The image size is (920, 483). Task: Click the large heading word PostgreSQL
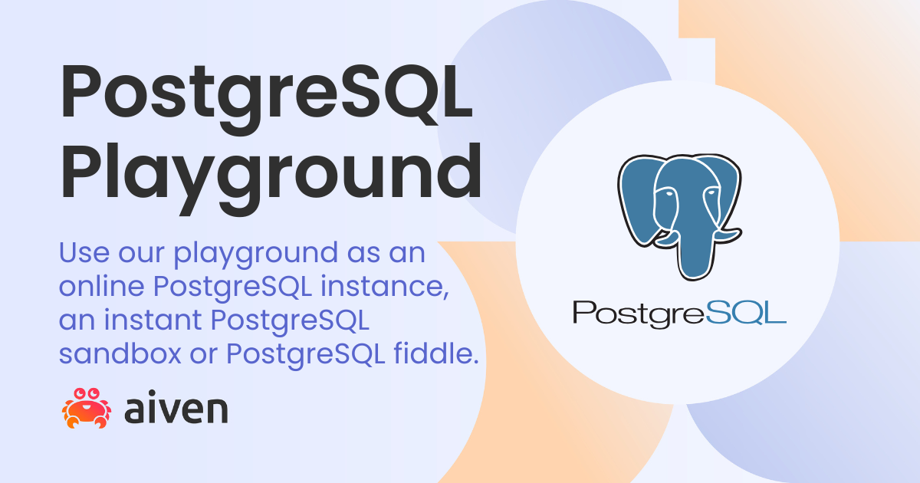266,99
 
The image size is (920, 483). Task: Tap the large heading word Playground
271,179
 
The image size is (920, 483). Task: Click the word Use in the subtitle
84,252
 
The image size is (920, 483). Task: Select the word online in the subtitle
101,286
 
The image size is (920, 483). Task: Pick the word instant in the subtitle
153,320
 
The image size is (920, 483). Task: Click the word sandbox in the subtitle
120,353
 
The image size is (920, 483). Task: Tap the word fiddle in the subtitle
436,353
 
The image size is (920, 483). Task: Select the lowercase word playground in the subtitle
256,255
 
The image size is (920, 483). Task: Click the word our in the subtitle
141,255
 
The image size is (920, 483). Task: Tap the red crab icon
86,408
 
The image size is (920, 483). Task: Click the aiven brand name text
176,410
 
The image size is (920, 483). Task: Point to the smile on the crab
87,407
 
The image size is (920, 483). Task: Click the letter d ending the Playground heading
458,171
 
